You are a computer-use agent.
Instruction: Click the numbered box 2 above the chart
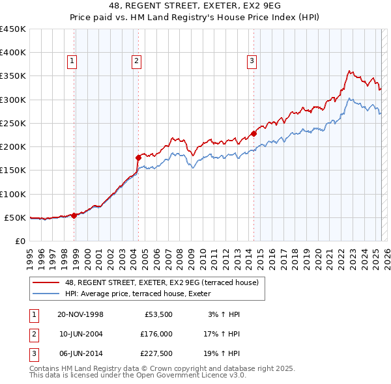click(136, 62)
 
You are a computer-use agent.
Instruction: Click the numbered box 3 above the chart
click(252, 62)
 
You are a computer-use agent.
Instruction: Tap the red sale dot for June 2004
click(138, 158)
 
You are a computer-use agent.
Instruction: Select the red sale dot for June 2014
click(253, 133)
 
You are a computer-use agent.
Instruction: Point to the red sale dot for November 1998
click(74, 215)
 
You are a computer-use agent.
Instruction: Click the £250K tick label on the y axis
click(13, 123)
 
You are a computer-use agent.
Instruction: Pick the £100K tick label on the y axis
click(13, 194)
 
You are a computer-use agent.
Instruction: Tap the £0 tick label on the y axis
click(20, 241)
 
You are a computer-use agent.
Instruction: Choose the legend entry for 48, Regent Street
click(162, 282)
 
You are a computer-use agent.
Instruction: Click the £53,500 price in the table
click(158, 314)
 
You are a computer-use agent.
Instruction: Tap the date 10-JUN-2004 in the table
click(81, 334)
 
